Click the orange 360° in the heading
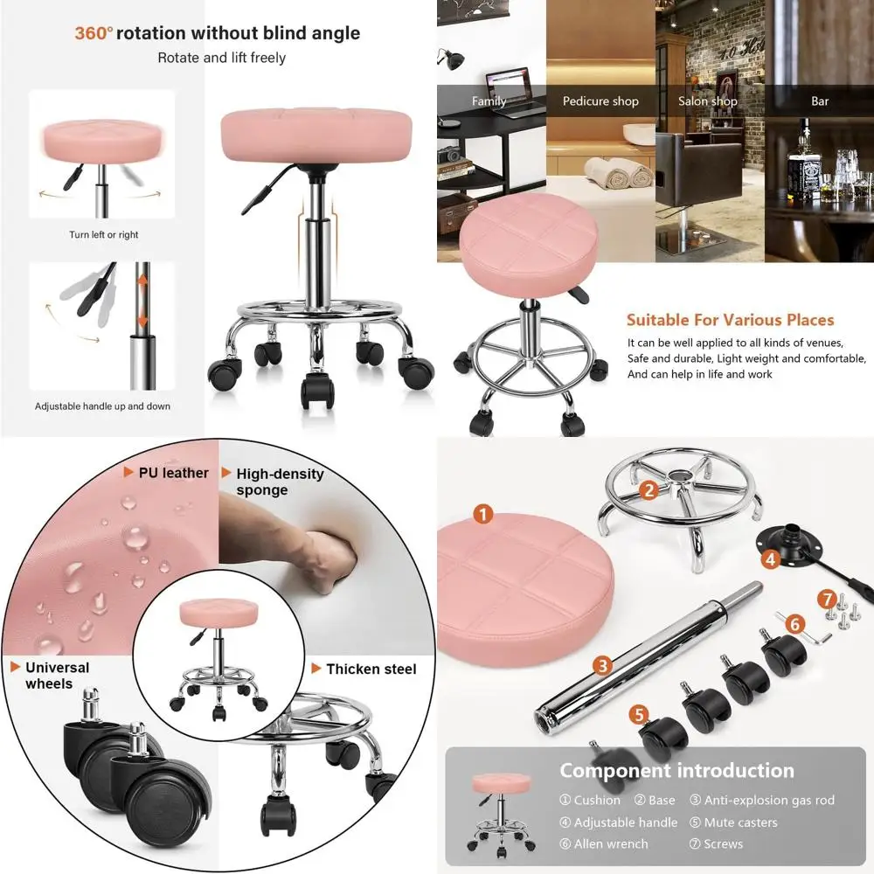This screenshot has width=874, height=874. (94, 34)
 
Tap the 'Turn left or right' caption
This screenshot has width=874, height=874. (104, 235)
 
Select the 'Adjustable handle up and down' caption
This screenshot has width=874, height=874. (102, 406)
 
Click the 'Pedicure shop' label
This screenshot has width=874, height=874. (600, 101)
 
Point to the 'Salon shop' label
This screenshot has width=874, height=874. (707, 101)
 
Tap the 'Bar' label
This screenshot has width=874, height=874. (820, 101)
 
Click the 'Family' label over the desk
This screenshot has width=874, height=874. (489, 101)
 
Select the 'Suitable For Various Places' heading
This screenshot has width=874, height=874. (731, 320)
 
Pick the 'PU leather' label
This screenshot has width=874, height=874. (173, 473)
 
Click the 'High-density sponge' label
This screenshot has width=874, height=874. (279, 482)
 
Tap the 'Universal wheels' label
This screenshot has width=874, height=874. (57, 676)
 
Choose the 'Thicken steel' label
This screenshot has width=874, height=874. (371, 669)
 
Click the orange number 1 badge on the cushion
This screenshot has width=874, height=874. (483, 515)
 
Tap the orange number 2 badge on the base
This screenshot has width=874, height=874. (648, 490)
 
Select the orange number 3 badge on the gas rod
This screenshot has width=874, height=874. (601, 665)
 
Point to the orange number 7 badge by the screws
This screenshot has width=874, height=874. (827, 599)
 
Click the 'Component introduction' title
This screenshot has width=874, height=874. (676, 771)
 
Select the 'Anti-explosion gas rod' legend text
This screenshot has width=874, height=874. (769, 800)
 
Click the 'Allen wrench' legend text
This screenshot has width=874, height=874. (611, 844)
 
